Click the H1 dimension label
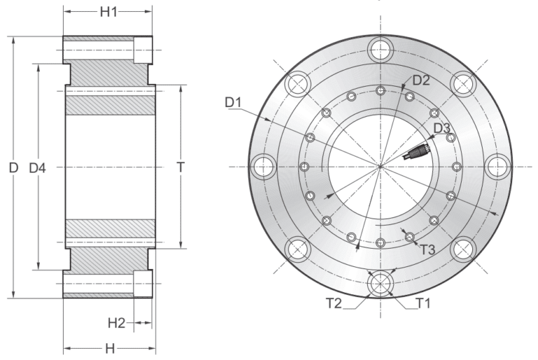click(x=108, y=12)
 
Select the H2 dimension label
click(x=116, y=323)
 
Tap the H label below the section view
click(x=110, y=348)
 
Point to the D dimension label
click(x=13, y=168)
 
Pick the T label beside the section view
click(x=181, y=167)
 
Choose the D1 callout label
click(x=233, y=104)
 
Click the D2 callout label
click(x=420, y=80)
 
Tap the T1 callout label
click(x=422, y=303)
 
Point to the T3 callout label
click(x=428, y=248)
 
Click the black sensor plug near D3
click(x=419, y=150)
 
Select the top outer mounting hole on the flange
click(x=380, y=49)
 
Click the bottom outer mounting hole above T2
click(x=380, y=283)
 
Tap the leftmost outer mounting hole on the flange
click(x=263, y=166)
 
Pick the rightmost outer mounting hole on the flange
click(x=497, y=166)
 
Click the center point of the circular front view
click(x=380, y=167)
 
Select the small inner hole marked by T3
click(x=410, y=237)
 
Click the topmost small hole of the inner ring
click(x=380, y=90)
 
